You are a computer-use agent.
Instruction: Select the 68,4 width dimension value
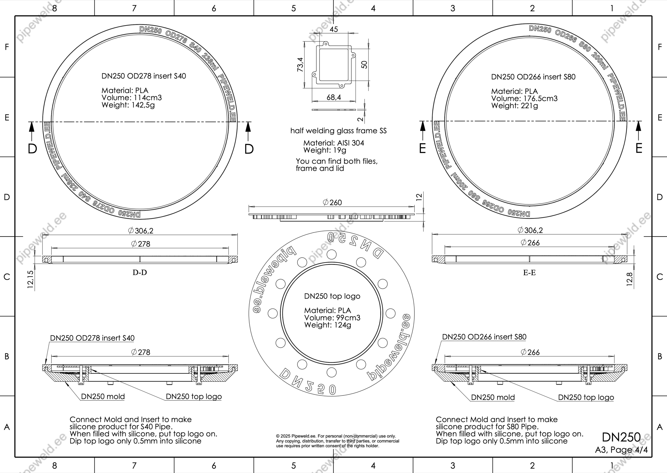tap(334, 97)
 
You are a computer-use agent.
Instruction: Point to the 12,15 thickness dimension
tap(30, 279)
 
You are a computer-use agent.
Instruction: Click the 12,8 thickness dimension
tap(629, 279)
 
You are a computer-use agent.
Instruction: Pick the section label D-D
tap(140, 272)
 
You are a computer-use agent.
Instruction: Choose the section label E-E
tap(529, 273)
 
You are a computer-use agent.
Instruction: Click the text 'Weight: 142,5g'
tap(128, 105)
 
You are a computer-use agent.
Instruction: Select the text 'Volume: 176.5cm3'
tap(524, 99)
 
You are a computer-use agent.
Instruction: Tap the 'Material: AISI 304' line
tap(334, 143)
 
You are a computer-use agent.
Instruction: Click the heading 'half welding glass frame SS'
tap(338, 131)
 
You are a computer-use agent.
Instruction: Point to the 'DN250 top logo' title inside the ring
tap(332, 296)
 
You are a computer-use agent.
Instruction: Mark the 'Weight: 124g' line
tap(328, 325)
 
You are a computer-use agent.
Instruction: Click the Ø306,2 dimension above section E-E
tap(530, 230)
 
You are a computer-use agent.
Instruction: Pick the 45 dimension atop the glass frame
tap(334, 29)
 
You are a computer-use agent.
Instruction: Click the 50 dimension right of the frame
tap(364, 65)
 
